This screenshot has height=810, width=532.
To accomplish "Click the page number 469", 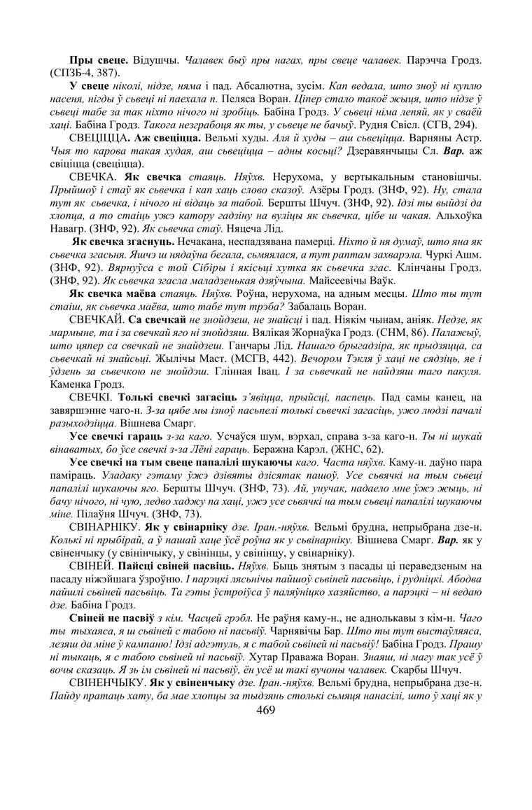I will pos(266,710).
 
